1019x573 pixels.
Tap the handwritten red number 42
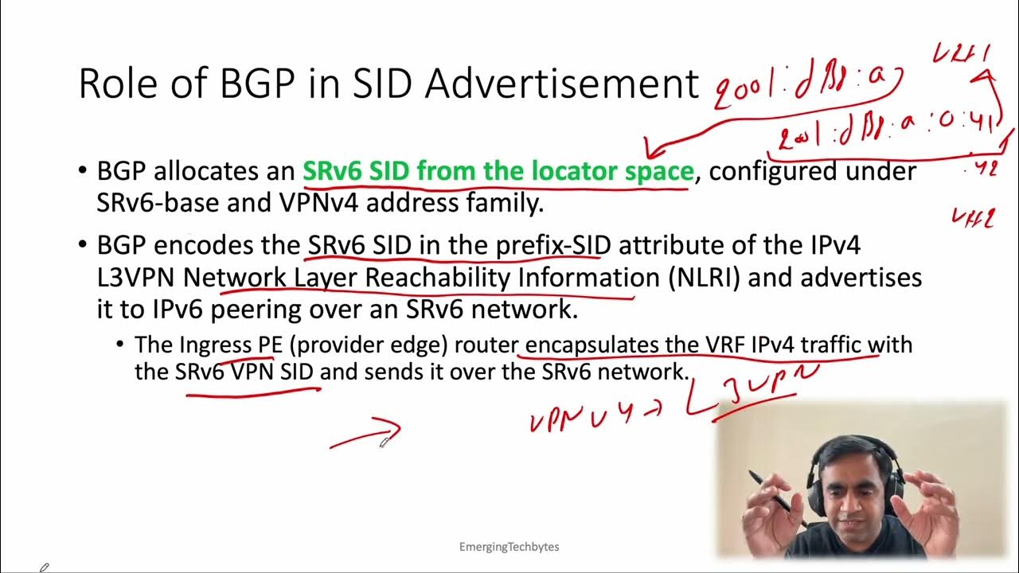coord(985,169)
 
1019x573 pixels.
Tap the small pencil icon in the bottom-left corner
coord(45,567)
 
